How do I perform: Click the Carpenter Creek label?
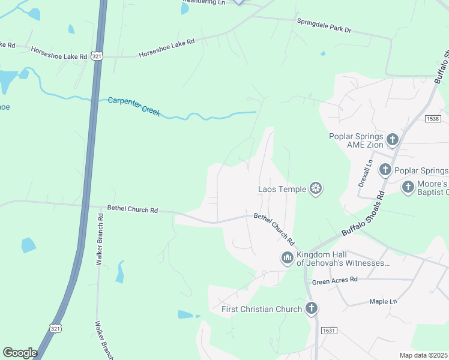tap(134, 106)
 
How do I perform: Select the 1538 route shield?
tap(432, 119)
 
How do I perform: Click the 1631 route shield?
tap(328, 331)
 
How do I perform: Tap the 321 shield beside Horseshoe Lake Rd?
tap(98, 56)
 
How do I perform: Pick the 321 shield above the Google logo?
tap(55, 328)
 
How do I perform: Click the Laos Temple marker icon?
tap(316, 190)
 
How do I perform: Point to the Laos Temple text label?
tap(282, 190)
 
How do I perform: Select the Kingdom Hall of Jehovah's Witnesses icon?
tap(287, 258)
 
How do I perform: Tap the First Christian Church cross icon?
tap(311, 309)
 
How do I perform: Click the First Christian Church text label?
tap(261, 309)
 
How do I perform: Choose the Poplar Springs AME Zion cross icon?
tap(393, 140)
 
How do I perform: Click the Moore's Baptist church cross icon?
tap(408, 187)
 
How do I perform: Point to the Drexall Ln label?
tap(366, 173)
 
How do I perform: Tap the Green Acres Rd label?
tap(334, 280)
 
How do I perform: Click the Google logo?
tap(20, 353)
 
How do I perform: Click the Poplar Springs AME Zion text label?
tap(356, 140)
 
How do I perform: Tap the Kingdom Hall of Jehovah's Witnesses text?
tap(343, 259)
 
